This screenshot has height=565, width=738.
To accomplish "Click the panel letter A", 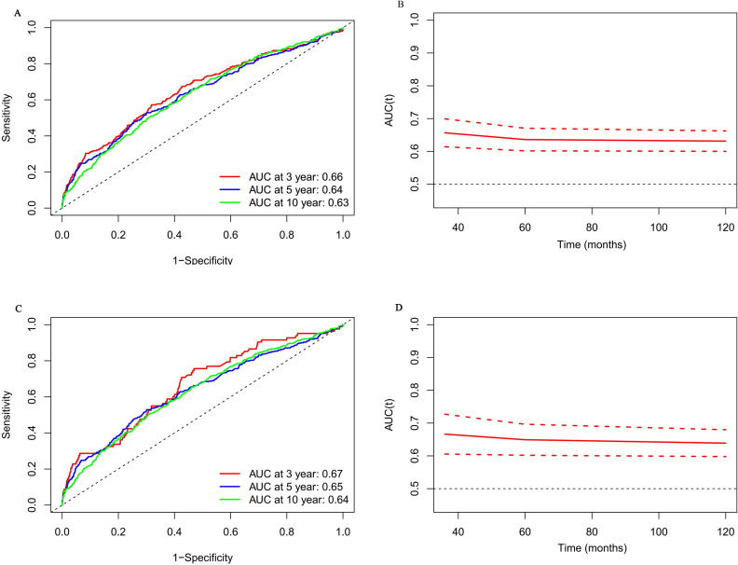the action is tap(18, 13).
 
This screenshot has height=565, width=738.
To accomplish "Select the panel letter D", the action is tap(399, 308).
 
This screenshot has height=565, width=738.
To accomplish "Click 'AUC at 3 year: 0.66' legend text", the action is tap(296, 177).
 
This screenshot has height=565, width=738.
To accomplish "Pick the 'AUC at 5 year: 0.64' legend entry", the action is tap(296, 190).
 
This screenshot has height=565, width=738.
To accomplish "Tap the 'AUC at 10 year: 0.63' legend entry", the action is tap(299, 202).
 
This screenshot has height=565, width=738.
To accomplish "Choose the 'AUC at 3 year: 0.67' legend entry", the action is tap(296, 474).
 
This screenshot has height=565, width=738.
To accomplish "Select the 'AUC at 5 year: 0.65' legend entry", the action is tap(296, 487).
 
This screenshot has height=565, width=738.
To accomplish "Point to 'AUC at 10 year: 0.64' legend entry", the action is tap(299, 499).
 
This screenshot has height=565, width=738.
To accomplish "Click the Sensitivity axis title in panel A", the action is tap(7, 117).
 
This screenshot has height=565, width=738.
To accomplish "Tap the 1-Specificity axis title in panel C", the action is tap(203, 558).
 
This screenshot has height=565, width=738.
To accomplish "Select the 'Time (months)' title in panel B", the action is tap(592, 244).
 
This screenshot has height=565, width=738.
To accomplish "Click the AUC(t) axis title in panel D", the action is tap(389, 414).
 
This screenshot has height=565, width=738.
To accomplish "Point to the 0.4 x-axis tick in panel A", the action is tap(174, 234).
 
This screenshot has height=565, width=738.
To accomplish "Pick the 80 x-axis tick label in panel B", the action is tap(592, 227).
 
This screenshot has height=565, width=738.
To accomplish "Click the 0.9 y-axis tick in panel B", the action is tap(415, 53).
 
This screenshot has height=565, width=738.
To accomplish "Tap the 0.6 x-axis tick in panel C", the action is tap(231, 531).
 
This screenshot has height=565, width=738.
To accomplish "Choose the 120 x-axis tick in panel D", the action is tap(725, 531).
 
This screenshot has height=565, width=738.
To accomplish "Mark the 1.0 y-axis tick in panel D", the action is tap(415, 324).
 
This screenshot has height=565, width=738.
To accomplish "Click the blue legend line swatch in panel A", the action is tap(231, 190).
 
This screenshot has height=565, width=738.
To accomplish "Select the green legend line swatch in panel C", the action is tap(231, 500).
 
